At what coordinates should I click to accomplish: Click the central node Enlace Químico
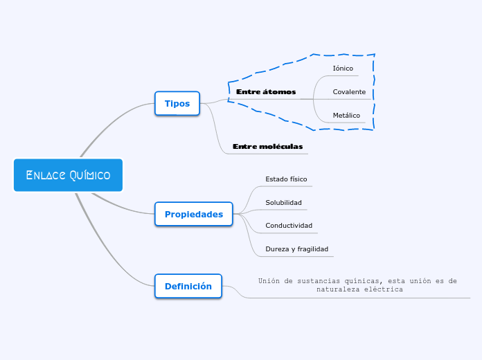point(68,175)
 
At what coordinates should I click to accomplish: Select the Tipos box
point(177,103)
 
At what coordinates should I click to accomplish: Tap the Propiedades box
point(194,214)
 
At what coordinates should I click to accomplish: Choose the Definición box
point(188,286)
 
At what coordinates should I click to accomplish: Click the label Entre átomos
point(266,91)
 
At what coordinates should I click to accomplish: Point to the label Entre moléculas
point(268,146)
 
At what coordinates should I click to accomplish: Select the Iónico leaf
point(343,68)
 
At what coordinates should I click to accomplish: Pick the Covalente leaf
point(349,91)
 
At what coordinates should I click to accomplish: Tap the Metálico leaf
point(346,115)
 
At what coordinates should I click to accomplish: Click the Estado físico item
point(286,179)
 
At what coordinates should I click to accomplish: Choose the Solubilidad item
point(283,202)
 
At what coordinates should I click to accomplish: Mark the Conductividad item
point(289,225)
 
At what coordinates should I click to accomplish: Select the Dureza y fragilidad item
point(296,249)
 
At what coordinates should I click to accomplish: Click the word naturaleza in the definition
point(337,289)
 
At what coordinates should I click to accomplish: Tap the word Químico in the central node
point(90,175)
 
